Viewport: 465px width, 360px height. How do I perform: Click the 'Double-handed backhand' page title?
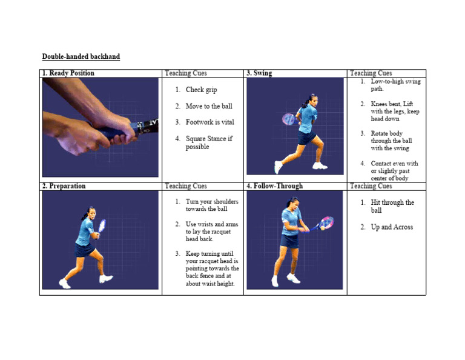pyautogui.click(x=81, y=57)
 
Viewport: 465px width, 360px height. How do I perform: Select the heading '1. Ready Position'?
pyautogui.click(x=68, y=73)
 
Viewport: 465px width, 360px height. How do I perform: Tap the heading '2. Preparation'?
pyautogui.click(x=64, y=186)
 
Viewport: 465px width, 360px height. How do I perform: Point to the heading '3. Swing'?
pyautogui.click(x=259, y=73)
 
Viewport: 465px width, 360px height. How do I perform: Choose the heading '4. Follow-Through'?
pyautogui.click(x=274, y=186)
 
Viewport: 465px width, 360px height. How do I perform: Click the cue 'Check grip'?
pyautogui.click(x=201, y=90)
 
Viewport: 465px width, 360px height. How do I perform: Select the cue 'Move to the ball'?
pyautogui.click(x=208, y=106)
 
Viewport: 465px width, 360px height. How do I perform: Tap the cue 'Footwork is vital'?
pyautogui.click(x=209, y=122)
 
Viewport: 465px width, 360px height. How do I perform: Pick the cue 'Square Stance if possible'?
pyautogui.click(x=208, y=142)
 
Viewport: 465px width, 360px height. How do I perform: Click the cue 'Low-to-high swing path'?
pyautogui.click(x=395, y=85)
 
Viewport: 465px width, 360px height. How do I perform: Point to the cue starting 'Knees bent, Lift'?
pyautogui.click(x=395, y=112)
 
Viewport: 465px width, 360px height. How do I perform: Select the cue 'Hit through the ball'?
pyautogui.click(x=392, y=206)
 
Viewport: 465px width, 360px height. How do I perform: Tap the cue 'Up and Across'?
pyautogui.click(x=392, y=227)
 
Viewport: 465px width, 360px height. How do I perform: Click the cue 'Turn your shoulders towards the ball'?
pyautogui.click(x=211, y=205)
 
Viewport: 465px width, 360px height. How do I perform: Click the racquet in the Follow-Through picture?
pyautogui.click(x=326, y=222)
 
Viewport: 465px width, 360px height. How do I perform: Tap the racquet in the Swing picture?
pyautogui.click(x=289, y=119)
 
